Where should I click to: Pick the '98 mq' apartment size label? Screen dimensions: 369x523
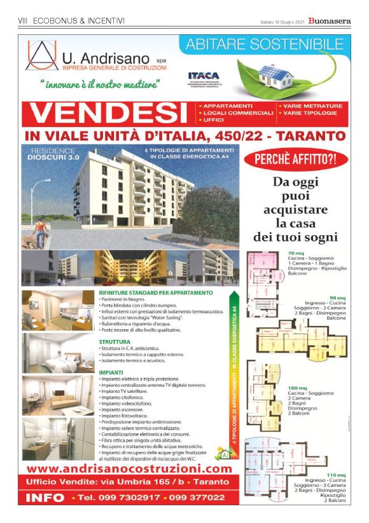coord(337,297)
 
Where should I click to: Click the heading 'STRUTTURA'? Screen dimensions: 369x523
coord(115,341)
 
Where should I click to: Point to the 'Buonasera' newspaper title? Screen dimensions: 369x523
coord(330,21)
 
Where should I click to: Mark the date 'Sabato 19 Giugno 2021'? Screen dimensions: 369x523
coord(282,22)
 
